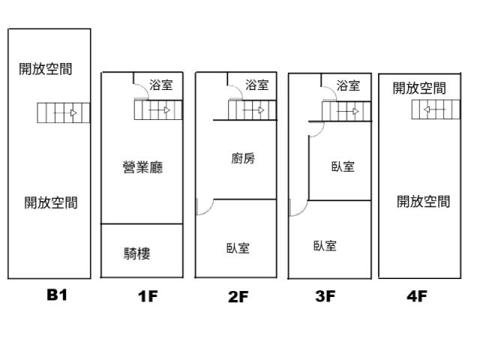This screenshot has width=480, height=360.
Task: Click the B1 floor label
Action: pos(57,295)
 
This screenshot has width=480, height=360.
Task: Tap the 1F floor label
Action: pos(148,296)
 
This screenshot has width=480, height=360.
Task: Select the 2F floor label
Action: pos(238,297)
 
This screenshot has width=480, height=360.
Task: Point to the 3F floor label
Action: pos(325,296)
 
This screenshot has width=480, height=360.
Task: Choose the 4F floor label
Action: pos(417,296)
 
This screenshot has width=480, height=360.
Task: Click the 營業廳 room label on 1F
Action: pos(142,167)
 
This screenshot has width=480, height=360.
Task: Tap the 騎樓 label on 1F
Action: pos(136,253)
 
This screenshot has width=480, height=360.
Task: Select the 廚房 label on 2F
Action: pos(243,158)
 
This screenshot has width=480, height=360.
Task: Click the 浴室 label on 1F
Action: pos(161,85)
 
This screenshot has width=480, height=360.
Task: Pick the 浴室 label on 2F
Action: pos(256,85)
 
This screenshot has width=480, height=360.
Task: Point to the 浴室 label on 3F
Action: pos(348,85)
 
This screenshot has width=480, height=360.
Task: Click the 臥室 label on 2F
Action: pos(238,248)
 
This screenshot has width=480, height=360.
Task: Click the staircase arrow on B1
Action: pos(65,113)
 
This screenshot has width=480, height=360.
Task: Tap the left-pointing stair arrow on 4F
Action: pos(435,109)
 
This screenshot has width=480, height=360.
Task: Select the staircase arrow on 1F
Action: pos(160,110)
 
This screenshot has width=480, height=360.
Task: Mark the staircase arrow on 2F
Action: pos(253,110)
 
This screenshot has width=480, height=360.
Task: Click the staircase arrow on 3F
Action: pos(348,112)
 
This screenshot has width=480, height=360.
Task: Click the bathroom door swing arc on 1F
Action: pos(145,88)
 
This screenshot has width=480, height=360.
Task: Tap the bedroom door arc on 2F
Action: pos(208,210)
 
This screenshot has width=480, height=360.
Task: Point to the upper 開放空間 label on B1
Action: pos(45,69)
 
